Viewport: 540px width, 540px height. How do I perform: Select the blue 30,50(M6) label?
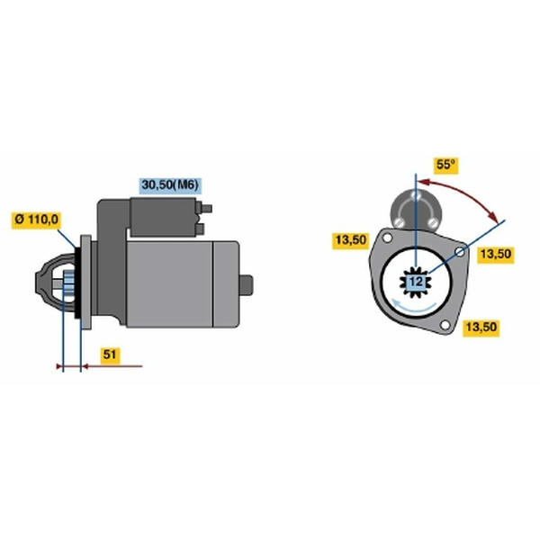[x=170, y=184]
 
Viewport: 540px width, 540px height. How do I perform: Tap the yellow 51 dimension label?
[x=109, y=355]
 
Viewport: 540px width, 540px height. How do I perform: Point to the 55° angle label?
[x=447, y=166]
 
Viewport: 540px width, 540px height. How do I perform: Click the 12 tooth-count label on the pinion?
[x=415, y=282]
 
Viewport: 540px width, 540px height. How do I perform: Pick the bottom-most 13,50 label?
[x=481, y=328]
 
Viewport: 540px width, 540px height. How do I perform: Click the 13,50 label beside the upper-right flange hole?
[x=496, y=255]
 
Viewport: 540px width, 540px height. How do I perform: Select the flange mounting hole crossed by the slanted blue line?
[x=461, y=251]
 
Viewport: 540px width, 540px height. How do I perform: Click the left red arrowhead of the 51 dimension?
[x=60, y=366]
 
